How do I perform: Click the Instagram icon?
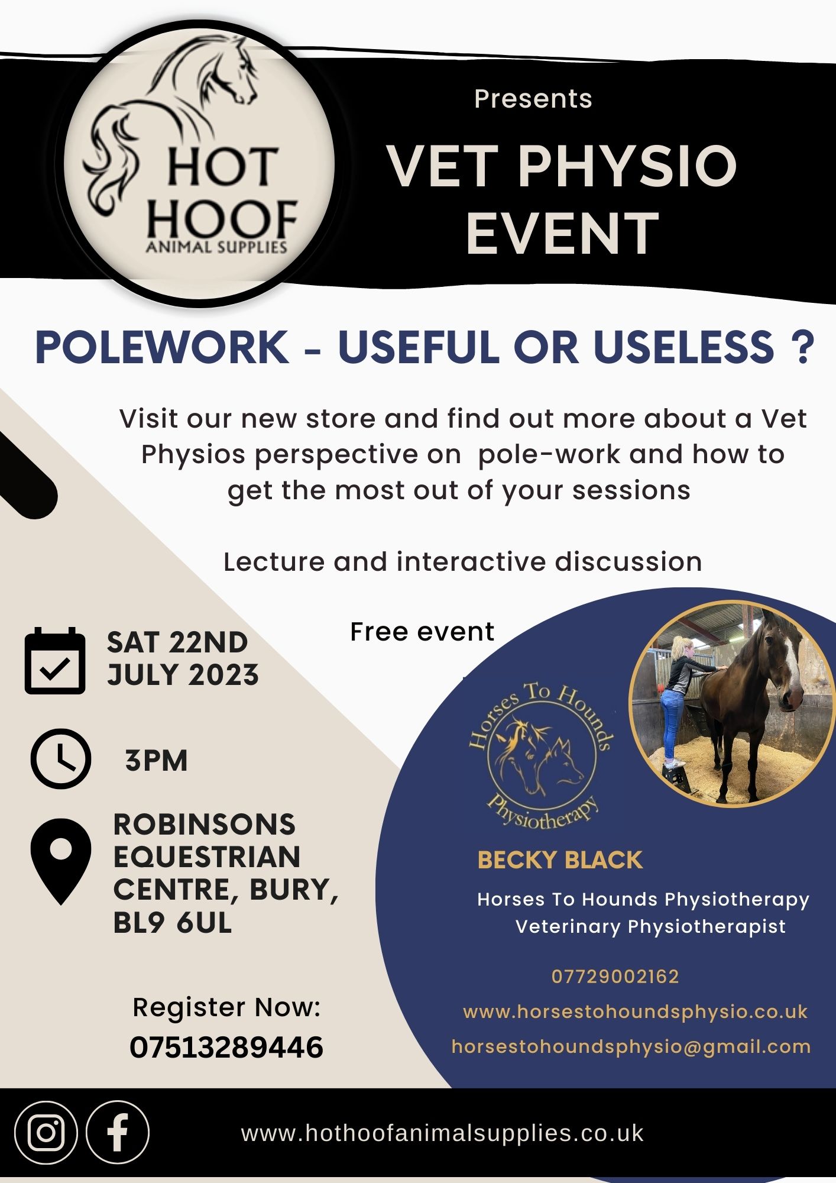[x=46, y=1132]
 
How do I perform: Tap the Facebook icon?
[x=118, y=1132]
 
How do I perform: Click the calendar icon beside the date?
[x=55, y=661]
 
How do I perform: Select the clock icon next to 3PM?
[x=60, y=759]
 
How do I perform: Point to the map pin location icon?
[x=61, y=861]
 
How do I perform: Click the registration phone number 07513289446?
[x=226, y=1048]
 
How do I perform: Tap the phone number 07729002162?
[x=615, y=977]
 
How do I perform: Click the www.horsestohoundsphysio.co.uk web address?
[x=635, y=1011]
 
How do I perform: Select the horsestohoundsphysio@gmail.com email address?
[x=631, y=1046]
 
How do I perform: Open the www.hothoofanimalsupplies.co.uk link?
[x=442, y=1133]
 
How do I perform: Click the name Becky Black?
[x=559, y=860]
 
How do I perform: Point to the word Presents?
[x=533, y=99]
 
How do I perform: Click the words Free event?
[x=422, y=632]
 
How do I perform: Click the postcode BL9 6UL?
[x=172, y=923]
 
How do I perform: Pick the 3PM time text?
[x=156, y=760]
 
